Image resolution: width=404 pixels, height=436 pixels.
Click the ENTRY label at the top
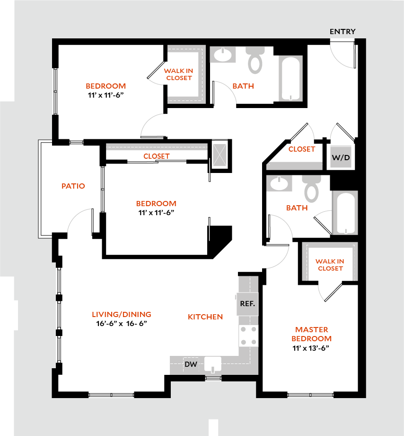click(343, 32)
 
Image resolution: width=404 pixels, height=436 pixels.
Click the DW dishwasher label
click(191, 364)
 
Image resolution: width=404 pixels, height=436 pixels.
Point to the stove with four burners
click(248, 336)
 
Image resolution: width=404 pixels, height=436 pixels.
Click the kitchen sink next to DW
click(213, 364)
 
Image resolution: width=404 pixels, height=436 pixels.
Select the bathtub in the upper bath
click(290, 78)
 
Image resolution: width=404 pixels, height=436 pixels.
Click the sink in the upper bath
click(223, 55)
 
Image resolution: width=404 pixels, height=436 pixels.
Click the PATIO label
click(73, 186)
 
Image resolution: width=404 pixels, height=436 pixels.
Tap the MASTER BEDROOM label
click(311, 334)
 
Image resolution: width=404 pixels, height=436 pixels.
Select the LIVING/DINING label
click(122, 314)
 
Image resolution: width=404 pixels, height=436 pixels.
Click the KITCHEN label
click(205, 317)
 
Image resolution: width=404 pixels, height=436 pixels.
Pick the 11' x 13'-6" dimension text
click(311, 348)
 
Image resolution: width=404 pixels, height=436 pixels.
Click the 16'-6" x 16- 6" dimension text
click(122, 324)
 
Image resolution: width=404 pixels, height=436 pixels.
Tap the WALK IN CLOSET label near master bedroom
click(330, 265)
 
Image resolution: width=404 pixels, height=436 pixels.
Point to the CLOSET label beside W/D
click(301, 149)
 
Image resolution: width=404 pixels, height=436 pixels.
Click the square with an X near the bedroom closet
click(220, 154)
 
